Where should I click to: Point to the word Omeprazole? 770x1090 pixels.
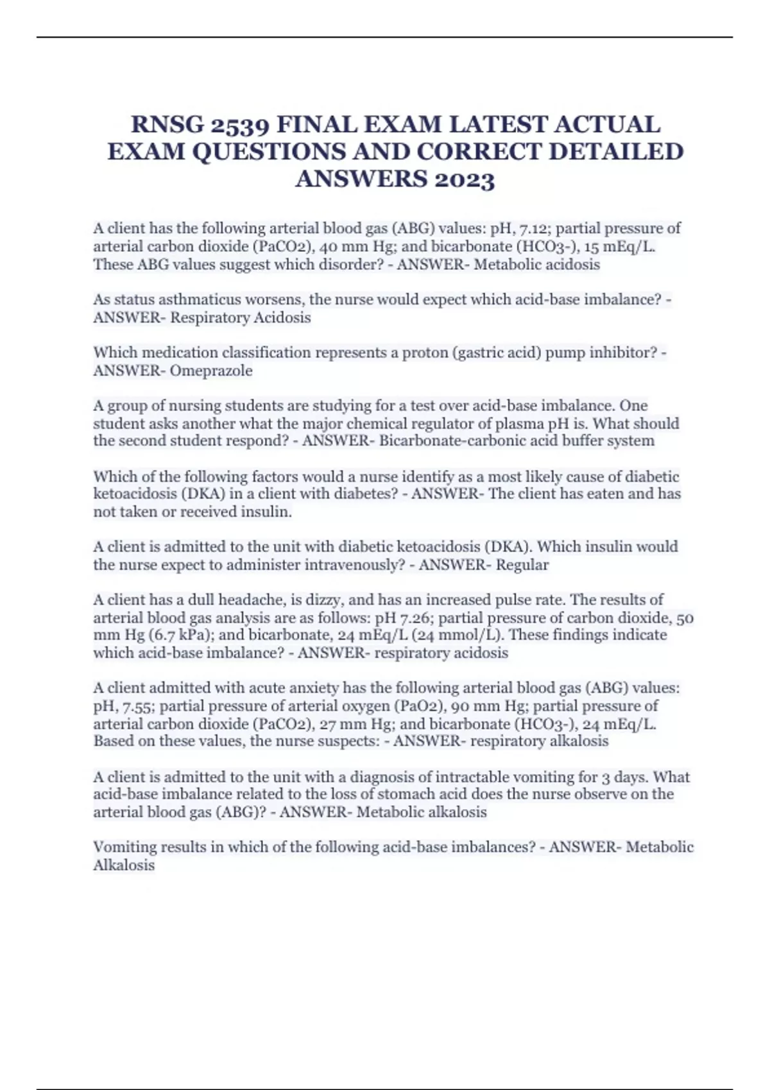pyautogui.click(x=211, y=371)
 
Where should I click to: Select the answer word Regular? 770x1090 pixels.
pyautogui.click(x=522, y=565)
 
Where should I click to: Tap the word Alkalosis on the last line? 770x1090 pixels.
pyautogui.click(x=124, y=866)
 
